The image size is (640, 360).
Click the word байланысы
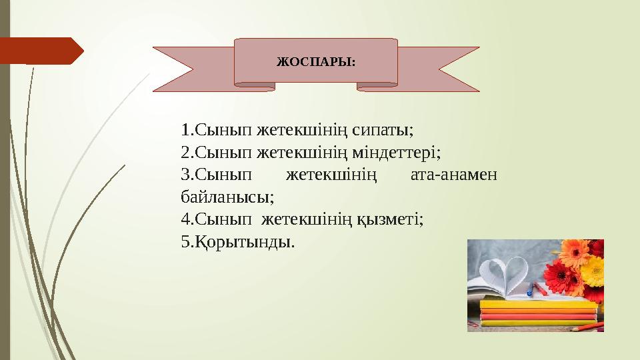tap(227, 197)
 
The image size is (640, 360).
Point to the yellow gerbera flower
tap(593, 271)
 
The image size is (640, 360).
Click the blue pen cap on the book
tap(529, 293)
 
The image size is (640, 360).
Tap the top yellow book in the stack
tap(537, 303)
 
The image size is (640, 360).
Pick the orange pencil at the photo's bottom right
tap(587, 326)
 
